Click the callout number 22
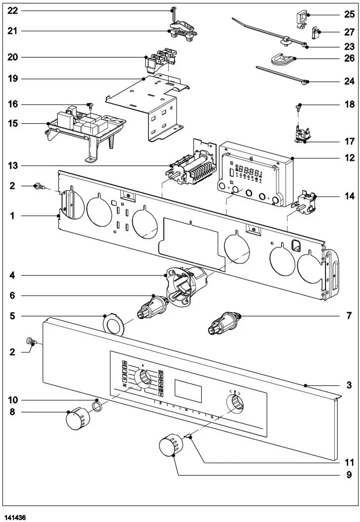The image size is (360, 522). [12, 10]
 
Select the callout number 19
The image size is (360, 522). [12, 78]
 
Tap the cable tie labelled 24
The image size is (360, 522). [281, 75]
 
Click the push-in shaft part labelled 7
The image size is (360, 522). [224, 323]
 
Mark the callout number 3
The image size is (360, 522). [349, 385]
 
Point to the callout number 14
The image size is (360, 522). [349, 196]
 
